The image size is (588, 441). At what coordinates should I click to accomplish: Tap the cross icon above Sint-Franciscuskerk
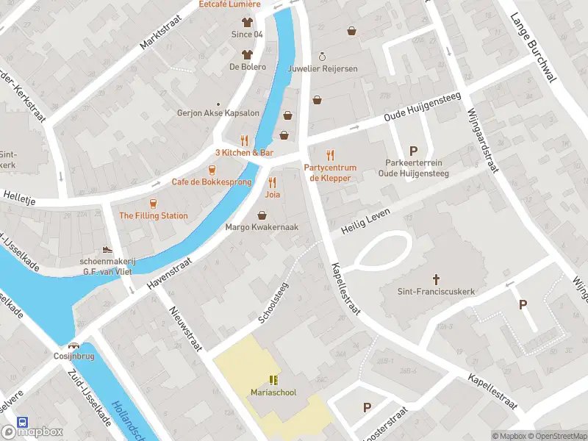[436, 279]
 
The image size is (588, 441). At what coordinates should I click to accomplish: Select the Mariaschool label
[273, 392]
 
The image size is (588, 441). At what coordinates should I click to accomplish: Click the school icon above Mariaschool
[273, 380]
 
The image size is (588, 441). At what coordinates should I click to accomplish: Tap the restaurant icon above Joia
[273, 183]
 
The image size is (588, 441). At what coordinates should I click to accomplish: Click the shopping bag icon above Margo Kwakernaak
[262, 215]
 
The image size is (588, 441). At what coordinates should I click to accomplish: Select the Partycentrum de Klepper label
[329, 173]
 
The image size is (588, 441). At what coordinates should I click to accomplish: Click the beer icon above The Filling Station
[153, 203]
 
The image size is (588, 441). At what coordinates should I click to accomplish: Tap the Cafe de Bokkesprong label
[212, 182]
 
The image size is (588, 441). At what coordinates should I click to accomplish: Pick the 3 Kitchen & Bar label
[244, 152]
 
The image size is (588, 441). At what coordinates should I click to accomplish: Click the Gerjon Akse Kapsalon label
[218, 113]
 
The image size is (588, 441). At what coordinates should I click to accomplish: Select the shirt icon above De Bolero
[246, 54]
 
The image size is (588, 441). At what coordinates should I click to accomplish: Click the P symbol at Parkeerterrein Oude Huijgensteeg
[413, 151]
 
